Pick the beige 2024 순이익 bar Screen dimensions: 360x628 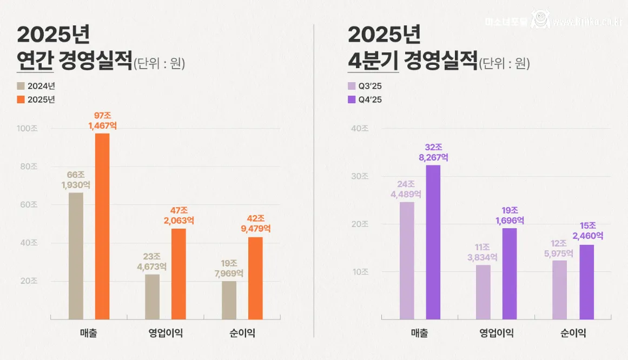tap(229, 300)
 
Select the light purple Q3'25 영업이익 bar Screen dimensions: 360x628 tap(484, 292)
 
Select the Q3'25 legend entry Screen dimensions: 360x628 tap(365, 86)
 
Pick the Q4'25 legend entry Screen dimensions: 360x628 tap(365, 99)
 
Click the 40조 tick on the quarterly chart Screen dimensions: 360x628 tap(360, 129)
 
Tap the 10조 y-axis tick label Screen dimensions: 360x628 tap(360, 272)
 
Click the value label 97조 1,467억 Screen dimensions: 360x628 tap(102, 121)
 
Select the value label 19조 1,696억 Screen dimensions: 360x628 tap(510, 216)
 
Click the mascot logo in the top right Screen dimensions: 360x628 tap(539, 20)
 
